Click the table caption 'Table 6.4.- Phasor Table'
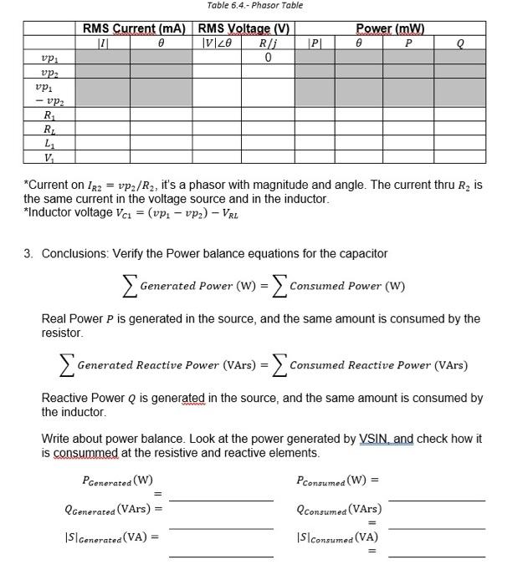click(255, 5)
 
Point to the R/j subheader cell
click(267, 43)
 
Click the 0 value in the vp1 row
click(267, 58)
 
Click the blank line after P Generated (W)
click(221, 499)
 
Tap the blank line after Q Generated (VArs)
click(221, 528)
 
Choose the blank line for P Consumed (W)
click(436, 499)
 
